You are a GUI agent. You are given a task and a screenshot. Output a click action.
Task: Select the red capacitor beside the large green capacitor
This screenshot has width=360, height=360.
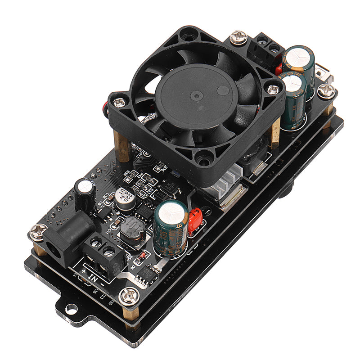point(195,220)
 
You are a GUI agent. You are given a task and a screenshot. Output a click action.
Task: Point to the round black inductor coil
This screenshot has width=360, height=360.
point(132,231)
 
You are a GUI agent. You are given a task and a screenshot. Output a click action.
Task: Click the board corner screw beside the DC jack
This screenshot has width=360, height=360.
point(37,233)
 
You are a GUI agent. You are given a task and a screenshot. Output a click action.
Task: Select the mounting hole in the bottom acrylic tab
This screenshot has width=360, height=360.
point(71,309)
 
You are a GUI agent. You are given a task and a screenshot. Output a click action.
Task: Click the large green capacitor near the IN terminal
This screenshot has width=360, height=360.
point(171,227)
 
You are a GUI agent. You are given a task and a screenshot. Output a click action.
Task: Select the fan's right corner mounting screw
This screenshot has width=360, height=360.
point(273,90)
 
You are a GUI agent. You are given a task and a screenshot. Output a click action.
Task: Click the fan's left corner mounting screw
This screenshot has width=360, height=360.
point(119,103)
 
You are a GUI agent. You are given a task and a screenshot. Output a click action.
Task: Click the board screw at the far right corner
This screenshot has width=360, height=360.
point(326,91)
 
